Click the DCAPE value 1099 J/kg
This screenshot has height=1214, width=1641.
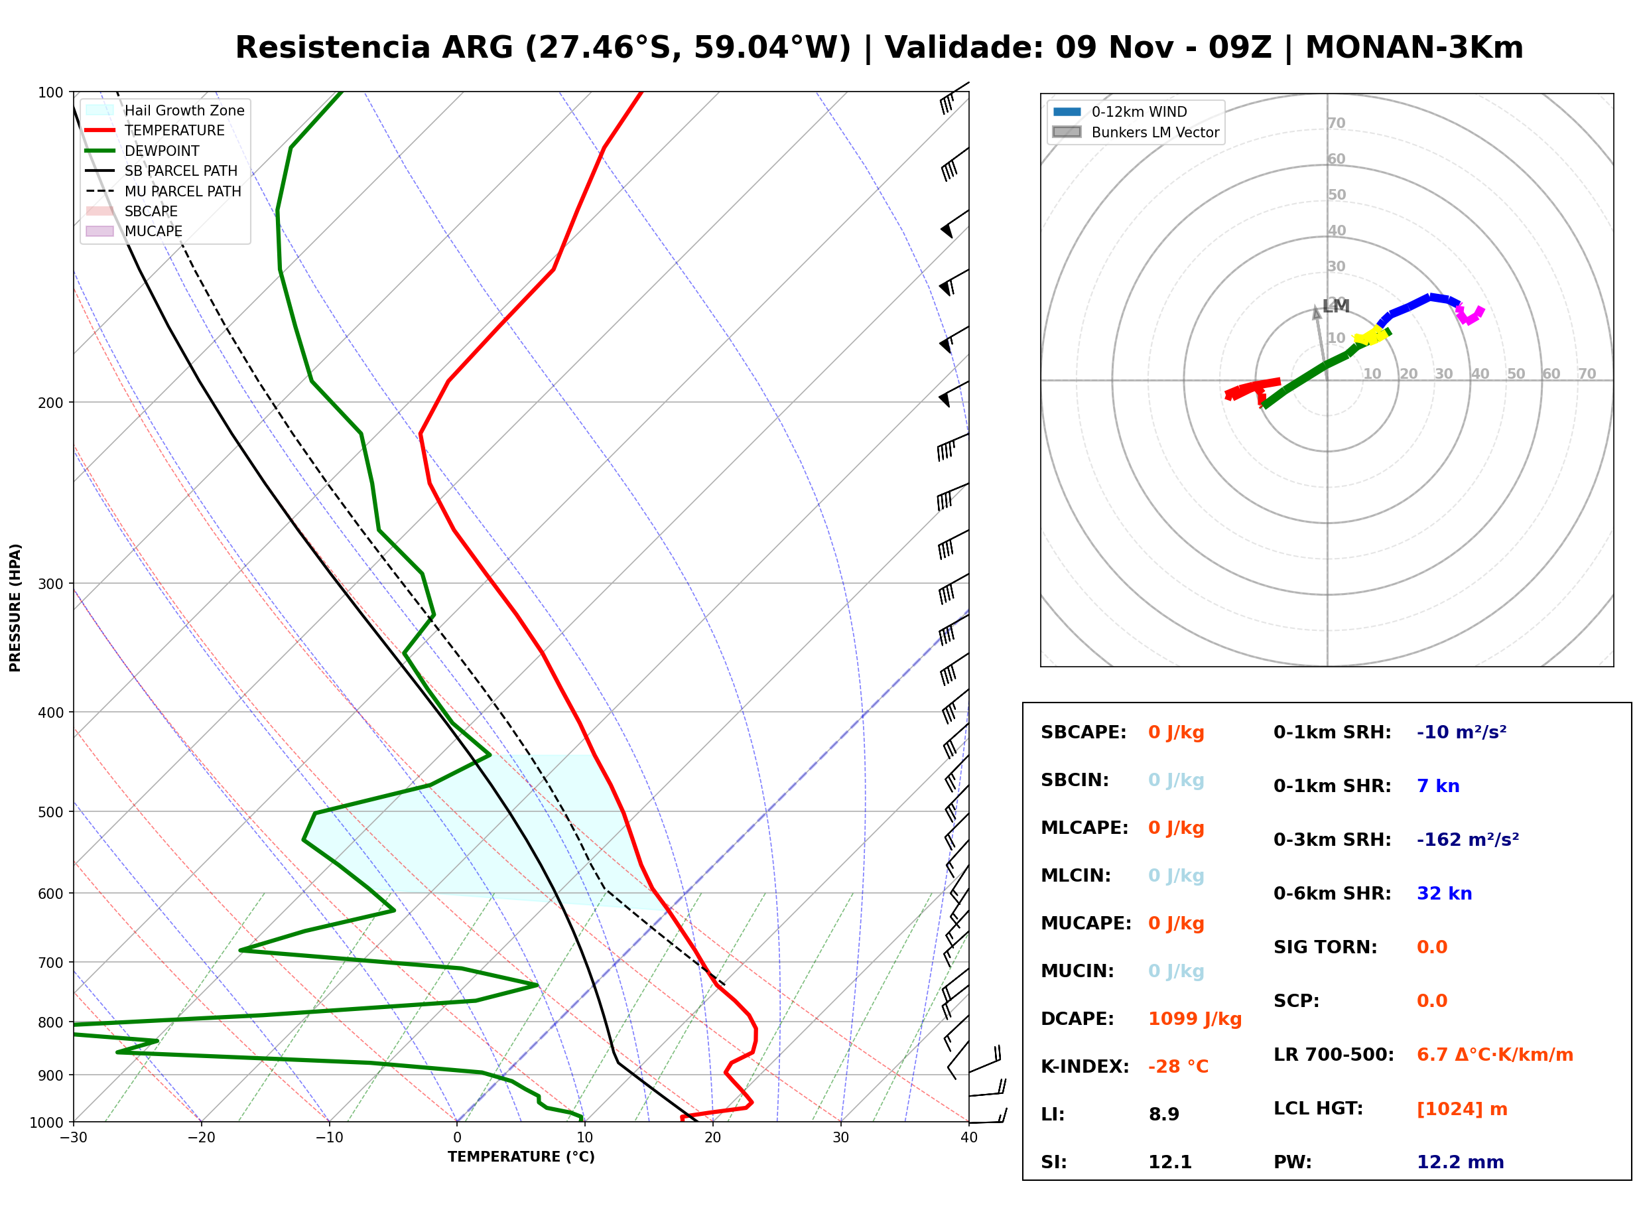[1195, 1019]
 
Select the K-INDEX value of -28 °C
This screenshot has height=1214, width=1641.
[1177, 1067]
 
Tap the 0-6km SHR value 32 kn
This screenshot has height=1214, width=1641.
[1444, 894]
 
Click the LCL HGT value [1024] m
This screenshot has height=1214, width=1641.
[1462, 1109]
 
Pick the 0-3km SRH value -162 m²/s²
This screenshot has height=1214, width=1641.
[1468, 839]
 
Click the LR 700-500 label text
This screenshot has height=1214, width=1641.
[1333, 1055]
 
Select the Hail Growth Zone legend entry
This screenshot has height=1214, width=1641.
[165, 110]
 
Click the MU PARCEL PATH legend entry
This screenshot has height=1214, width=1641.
[164, 191]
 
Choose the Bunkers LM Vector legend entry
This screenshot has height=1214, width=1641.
[1136, 132]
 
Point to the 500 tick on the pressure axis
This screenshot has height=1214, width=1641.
[50, 812]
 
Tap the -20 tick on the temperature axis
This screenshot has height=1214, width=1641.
[200, 1138]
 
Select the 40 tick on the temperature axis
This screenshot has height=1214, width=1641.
[968, 1138]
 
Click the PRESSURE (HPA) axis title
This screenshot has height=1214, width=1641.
[15, 608]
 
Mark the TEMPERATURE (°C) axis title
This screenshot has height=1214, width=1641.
[521, 1157]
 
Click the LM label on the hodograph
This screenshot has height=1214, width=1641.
[1335, 306]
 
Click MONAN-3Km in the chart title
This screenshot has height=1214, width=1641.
[1414, 48]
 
